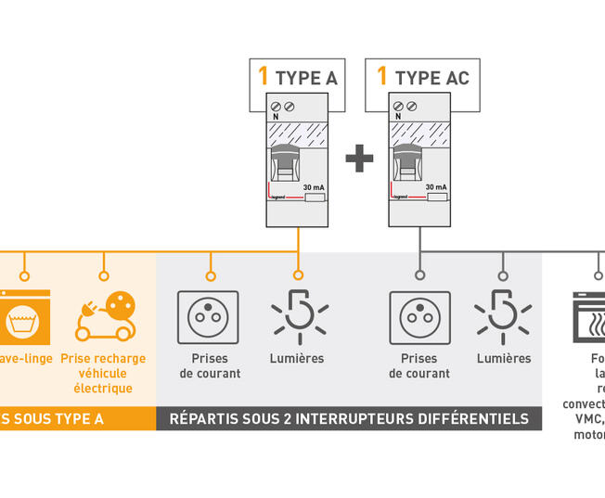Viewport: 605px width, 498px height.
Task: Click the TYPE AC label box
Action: pos(422,76)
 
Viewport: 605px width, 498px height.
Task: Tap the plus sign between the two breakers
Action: pos(359,159)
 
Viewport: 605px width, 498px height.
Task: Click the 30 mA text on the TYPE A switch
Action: pos(313,187)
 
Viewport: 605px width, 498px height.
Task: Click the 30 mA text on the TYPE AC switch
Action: pos(435,187)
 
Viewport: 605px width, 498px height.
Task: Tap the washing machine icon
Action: pos(24,316)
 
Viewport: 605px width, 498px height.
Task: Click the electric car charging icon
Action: pos(103,315)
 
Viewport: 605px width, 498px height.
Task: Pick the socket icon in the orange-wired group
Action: pos(208,317)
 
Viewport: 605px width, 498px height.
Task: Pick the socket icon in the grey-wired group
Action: pos(419,317)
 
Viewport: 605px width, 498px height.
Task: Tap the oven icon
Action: pos(588,317)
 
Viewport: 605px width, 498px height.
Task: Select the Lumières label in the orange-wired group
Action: pos(297,358)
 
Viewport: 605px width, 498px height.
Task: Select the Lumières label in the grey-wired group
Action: pos(504,358)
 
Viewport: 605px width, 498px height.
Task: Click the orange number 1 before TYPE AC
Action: pos(381,76)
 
